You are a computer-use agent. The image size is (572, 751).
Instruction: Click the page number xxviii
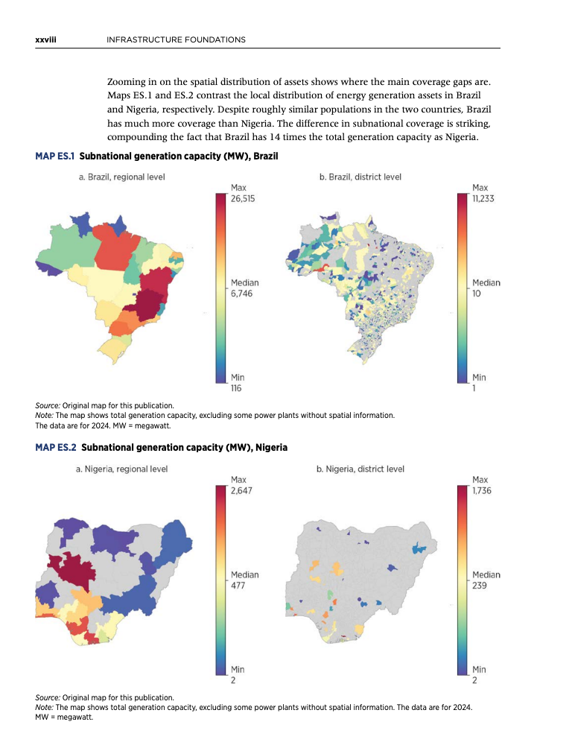[x=45, y=39]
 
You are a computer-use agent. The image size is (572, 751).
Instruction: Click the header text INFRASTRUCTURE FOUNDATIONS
[x=176, y=39]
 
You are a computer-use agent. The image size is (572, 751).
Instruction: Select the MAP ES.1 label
[x=54, y=156]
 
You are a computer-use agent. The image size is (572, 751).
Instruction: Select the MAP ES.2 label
[x=56, y=447]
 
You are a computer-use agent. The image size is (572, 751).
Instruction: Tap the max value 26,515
[x=243, y=199]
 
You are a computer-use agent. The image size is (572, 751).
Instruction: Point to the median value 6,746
[x=241, y=294]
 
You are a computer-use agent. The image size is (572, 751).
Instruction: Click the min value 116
[x=236, y=388]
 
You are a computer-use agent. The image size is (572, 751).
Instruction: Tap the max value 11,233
[x=483, y=199]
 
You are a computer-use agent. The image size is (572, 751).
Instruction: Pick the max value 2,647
[x=241, y=490]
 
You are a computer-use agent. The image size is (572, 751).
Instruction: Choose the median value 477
[x=238, y=586]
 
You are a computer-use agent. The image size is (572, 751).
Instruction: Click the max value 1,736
[x=482, y=490]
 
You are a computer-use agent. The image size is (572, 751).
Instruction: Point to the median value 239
[x=479, y=586]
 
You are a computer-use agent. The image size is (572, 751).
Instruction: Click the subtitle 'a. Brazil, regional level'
[x=121, y=177]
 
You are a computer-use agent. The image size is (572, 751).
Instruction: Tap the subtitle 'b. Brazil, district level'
[x=360, y=177]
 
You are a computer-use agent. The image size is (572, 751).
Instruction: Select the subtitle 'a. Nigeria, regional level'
[x=121, y=469]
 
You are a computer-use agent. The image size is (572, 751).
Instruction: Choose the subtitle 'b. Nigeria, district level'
[x=360, y=469]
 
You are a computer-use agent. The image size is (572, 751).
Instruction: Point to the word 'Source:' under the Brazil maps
[x=48, y=405]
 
